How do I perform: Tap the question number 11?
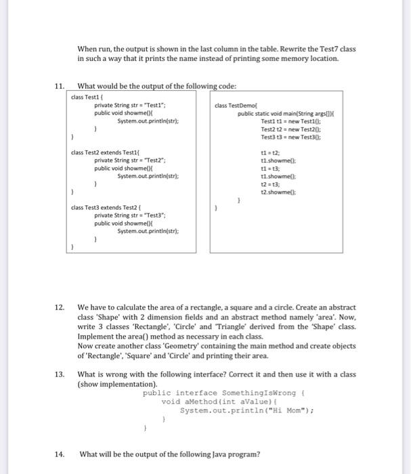point(60,86)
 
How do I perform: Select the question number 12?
point(60,307)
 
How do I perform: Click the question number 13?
point(60,374)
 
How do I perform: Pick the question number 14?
point(60,454)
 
